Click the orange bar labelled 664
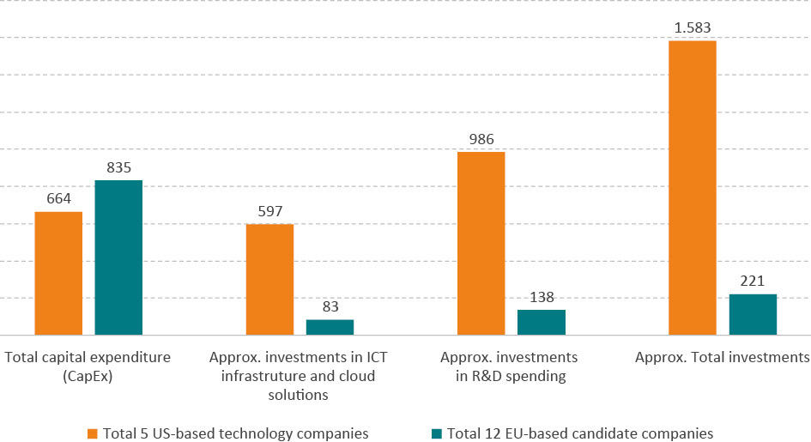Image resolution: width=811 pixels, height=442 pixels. point(58,273)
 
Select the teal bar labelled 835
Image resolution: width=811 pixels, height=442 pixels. point(118,257)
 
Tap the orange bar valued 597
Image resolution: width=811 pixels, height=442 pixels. point(269,279)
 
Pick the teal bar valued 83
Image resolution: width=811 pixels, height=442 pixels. point(330,327)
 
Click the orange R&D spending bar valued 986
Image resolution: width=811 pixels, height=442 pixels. point(481,243)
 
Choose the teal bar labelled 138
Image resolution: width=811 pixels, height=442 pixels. point(541,322)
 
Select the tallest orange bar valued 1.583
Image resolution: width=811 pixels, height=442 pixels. point(692,187)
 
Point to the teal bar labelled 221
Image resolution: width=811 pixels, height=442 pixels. point(753,314)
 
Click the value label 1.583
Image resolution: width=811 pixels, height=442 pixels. point(692,28)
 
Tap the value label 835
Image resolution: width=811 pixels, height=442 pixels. point(118,168)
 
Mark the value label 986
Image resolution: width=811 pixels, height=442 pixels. point(481,140)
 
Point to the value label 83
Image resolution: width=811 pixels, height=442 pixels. point(330,307)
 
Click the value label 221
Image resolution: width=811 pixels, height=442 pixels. point(753,282)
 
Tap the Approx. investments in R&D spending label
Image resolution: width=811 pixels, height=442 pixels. point(509,366)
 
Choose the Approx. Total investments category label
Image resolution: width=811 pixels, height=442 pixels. point(722,357)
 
